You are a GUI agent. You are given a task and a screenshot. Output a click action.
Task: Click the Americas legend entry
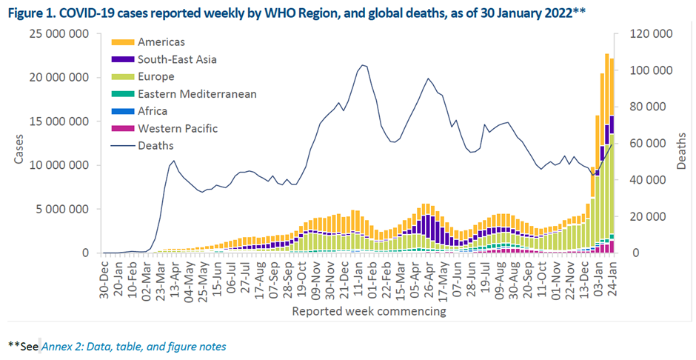tap(161, 42)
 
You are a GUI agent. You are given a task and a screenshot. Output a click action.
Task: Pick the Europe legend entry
tap(155, 76)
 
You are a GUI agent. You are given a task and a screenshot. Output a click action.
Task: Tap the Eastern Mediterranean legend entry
tap(197, 94)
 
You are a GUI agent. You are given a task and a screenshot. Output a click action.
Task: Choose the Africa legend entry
tap(153, 111)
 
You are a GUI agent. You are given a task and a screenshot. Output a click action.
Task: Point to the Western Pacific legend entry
tap(178, 128)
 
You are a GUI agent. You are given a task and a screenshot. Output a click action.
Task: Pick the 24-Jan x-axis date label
tap(613, 279)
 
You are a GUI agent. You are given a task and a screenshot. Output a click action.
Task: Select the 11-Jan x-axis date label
tap(355, 279)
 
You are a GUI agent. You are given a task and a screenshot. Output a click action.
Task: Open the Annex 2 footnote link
tap(134, 346)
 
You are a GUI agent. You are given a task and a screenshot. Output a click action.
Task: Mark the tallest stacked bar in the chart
tap(606, 148)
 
